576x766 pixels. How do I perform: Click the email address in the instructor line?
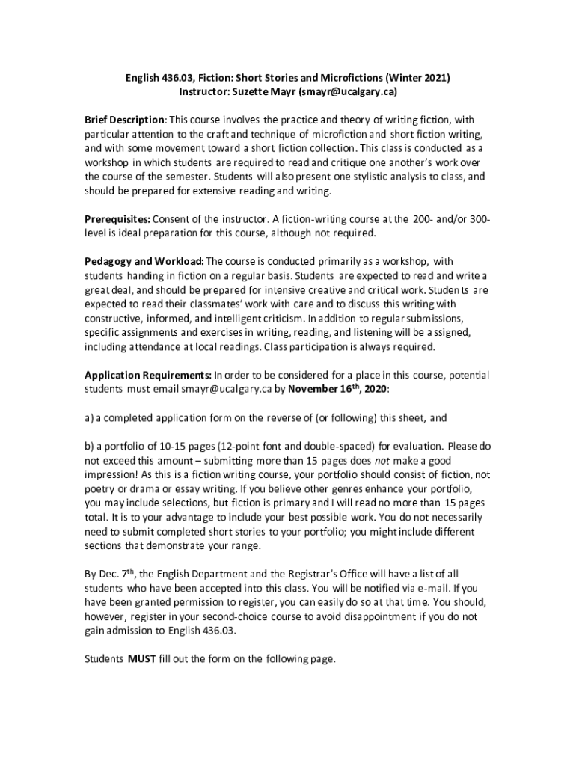[x=347, y=92]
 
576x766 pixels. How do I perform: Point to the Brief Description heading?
[x=124, y=120]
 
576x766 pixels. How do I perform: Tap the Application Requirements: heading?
[x=148, y=375]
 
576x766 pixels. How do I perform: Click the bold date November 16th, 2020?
[x=337, y=388]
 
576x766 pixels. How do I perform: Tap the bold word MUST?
[x=142, y=659]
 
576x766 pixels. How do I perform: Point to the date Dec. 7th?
[x=111, y=574]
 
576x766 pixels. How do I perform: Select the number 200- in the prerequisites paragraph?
[x=420, y=219]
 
